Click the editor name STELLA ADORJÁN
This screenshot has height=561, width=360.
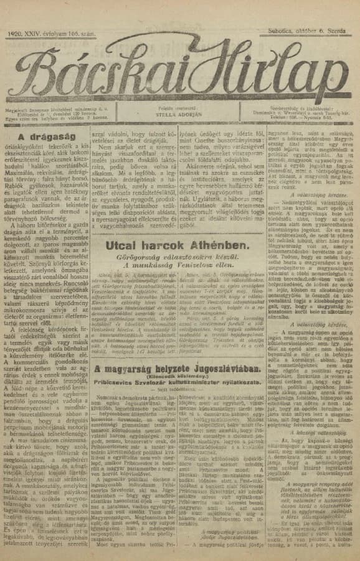(179, 115)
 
